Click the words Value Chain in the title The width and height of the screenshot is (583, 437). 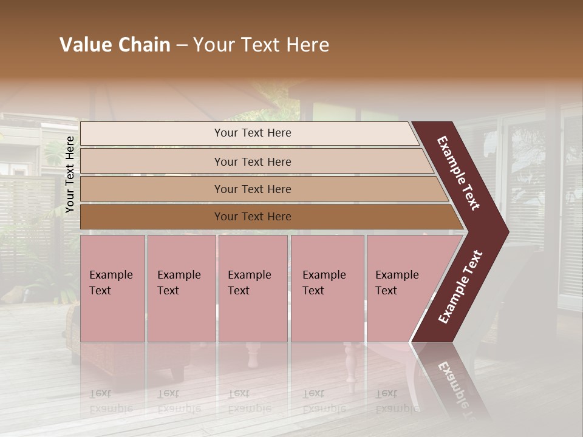pos(115,45)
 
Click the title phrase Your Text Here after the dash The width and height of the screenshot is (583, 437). pos(261,45)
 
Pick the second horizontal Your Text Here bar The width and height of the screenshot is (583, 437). pos(252,161)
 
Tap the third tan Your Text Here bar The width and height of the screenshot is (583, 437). pos(252,189)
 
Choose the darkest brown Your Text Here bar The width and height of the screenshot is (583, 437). pos(252,217)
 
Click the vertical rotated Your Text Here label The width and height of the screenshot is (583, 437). pos(70,175)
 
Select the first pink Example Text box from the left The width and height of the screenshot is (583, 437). pos(112,288)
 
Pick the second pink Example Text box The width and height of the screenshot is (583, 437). pos(181,288)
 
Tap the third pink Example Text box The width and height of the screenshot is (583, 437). pos(253,288)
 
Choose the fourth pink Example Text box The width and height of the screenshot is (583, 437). pos(327,288)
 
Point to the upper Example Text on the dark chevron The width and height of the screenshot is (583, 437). pos(459,173)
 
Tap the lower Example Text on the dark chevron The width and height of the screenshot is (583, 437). pos(460,286)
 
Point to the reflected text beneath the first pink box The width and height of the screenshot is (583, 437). pos(111,401)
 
